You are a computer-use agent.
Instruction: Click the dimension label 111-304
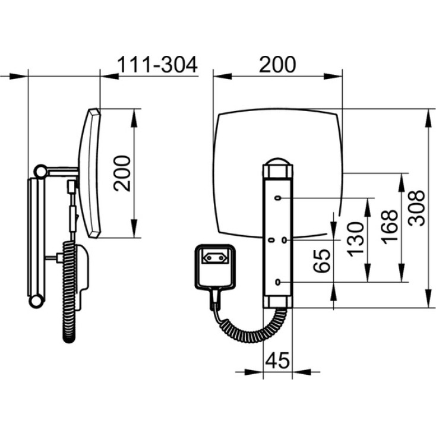[x=157, y=65]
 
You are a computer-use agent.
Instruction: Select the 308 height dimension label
[x=416, y=208]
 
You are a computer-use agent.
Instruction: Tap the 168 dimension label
[x=389, y=227]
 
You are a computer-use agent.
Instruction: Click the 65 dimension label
[x=322, y=261]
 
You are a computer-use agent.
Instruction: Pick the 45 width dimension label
[x=277, y=360]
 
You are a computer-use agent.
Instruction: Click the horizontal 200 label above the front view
[x=277, y=65]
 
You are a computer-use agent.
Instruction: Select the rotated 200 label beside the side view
[x=122, y=173]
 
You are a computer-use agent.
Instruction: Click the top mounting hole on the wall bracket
[x=278, y=198]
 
